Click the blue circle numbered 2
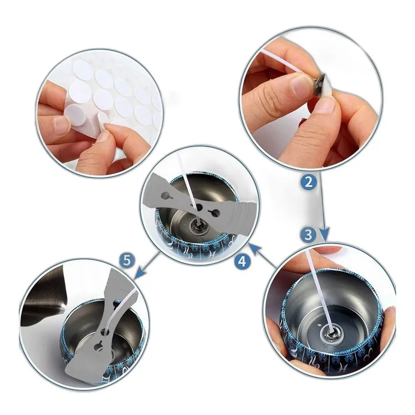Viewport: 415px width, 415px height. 309,182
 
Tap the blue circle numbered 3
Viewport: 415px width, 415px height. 308,235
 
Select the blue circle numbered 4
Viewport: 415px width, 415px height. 242,261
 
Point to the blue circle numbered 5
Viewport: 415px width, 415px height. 127,260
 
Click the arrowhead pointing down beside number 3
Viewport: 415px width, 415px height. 324,234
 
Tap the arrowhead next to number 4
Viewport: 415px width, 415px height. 255,249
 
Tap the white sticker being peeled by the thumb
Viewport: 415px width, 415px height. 102,117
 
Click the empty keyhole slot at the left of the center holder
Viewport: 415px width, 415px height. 167,196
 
